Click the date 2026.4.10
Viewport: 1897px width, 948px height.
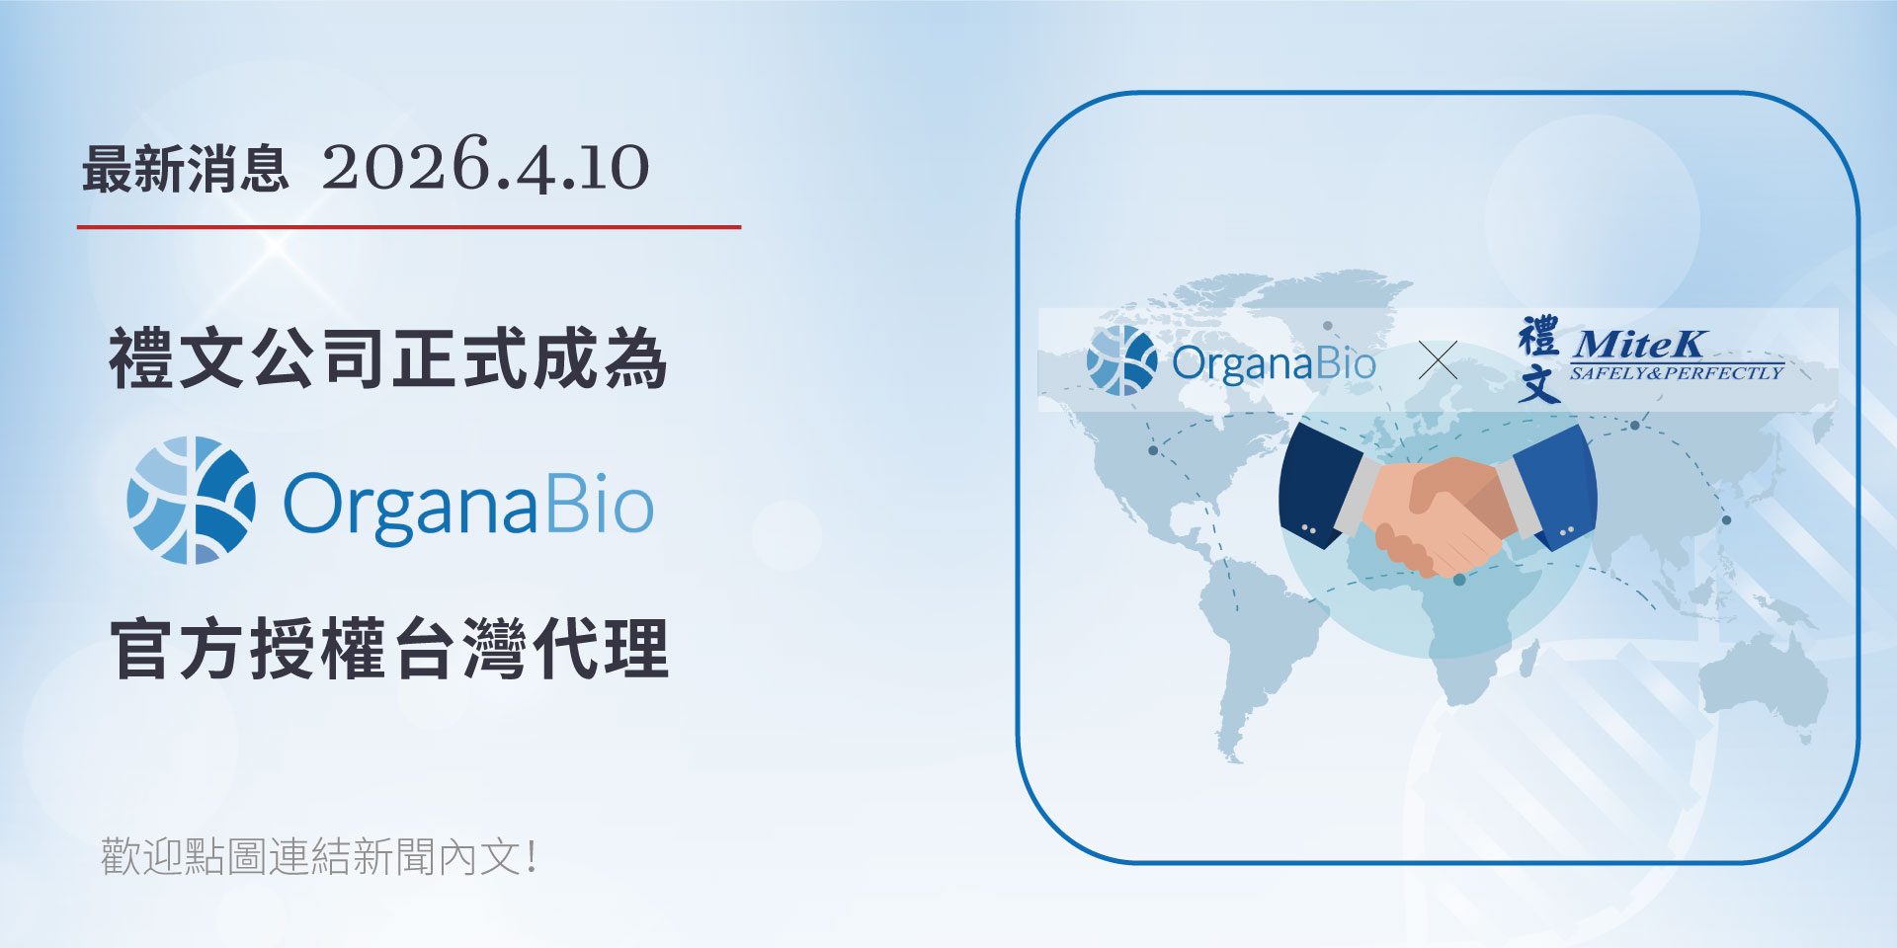(485, 167)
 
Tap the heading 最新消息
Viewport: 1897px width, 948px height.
(185, 169)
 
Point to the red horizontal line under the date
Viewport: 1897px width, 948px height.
(409, 227)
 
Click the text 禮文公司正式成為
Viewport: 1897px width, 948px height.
(387, 358)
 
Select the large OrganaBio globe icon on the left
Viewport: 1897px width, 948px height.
(192, 501)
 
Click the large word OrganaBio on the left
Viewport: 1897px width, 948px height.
(468, 505)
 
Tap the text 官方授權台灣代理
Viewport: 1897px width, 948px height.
(389, 649)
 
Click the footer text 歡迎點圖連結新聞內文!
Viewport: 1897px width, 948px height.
(319, 856)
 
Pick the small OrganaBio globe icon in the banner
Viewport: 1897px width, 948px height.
(1121, 361)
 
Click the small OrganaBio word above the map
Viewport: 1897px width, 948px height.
(1274, 363)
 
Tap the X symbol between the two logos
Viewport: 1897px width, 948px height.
(1438, 360)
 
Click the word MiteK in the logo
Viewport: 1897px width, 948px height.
(1638, 344)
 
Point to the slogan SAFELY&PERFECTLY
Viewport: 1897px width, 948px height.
(1677, 373)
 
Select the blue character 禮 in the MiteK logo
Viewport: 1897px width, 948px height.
(1538, 337)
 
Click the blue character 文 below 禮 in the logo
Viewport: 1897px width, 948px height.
(1538, 384)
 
